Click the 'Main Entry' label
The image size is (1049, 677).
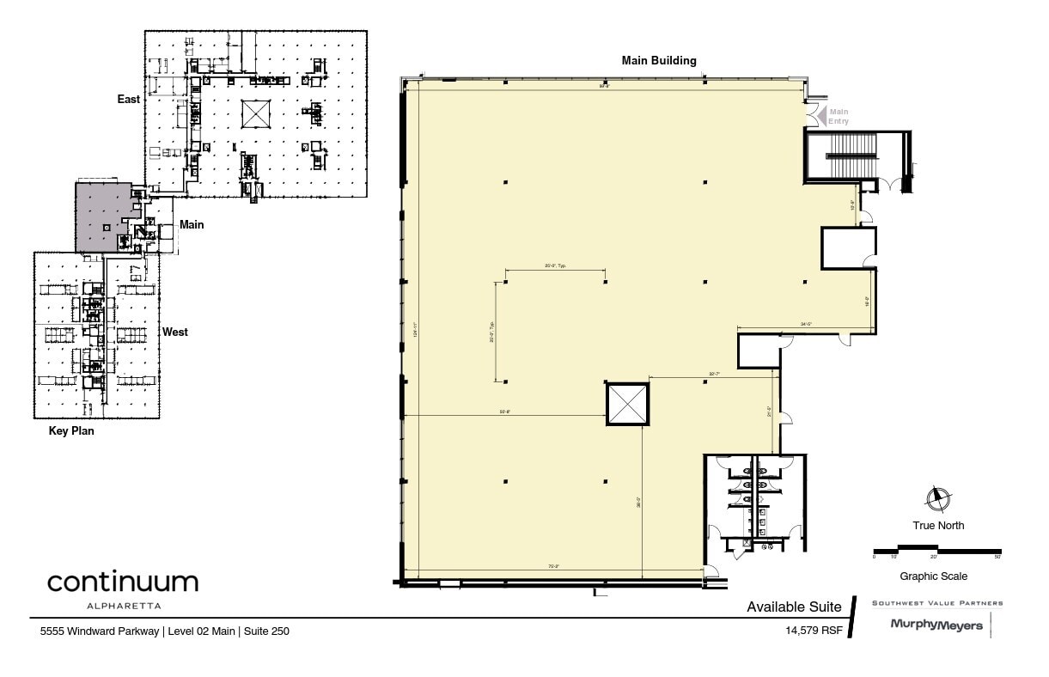pos(839,116)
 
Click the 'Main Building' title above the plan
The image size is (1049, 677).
pos(659,61)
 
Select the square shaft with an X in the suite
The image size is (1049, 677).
pos(627,404)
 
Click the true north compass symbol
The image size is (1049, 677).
pos(938,498)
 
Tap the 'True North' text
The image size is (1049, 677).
pos(938,526)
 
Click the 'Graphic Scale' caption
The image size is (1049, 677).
pos(933,576)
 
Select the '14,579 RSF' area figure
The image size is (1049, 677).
pos(814,630)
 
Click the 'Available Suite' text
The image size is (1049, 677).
pos(794,607)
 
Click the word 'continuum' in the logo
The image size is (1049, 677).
pos(123,582)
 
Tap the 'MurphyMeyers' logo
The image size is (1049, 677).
pos(936,625)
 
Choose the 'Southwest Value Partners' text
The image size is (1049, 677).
pos(937,603)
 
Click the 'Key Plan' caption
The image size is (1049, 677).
pos(71,431)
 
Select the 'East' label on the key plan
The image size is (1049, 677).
pos(129,100)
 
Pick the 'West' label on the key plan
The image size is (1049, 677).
pos(175,332)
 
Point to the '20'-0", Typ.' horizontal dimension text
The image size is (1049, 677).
pos(555,266)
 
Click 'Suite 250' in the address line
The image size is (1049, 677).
pos(266,631)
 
